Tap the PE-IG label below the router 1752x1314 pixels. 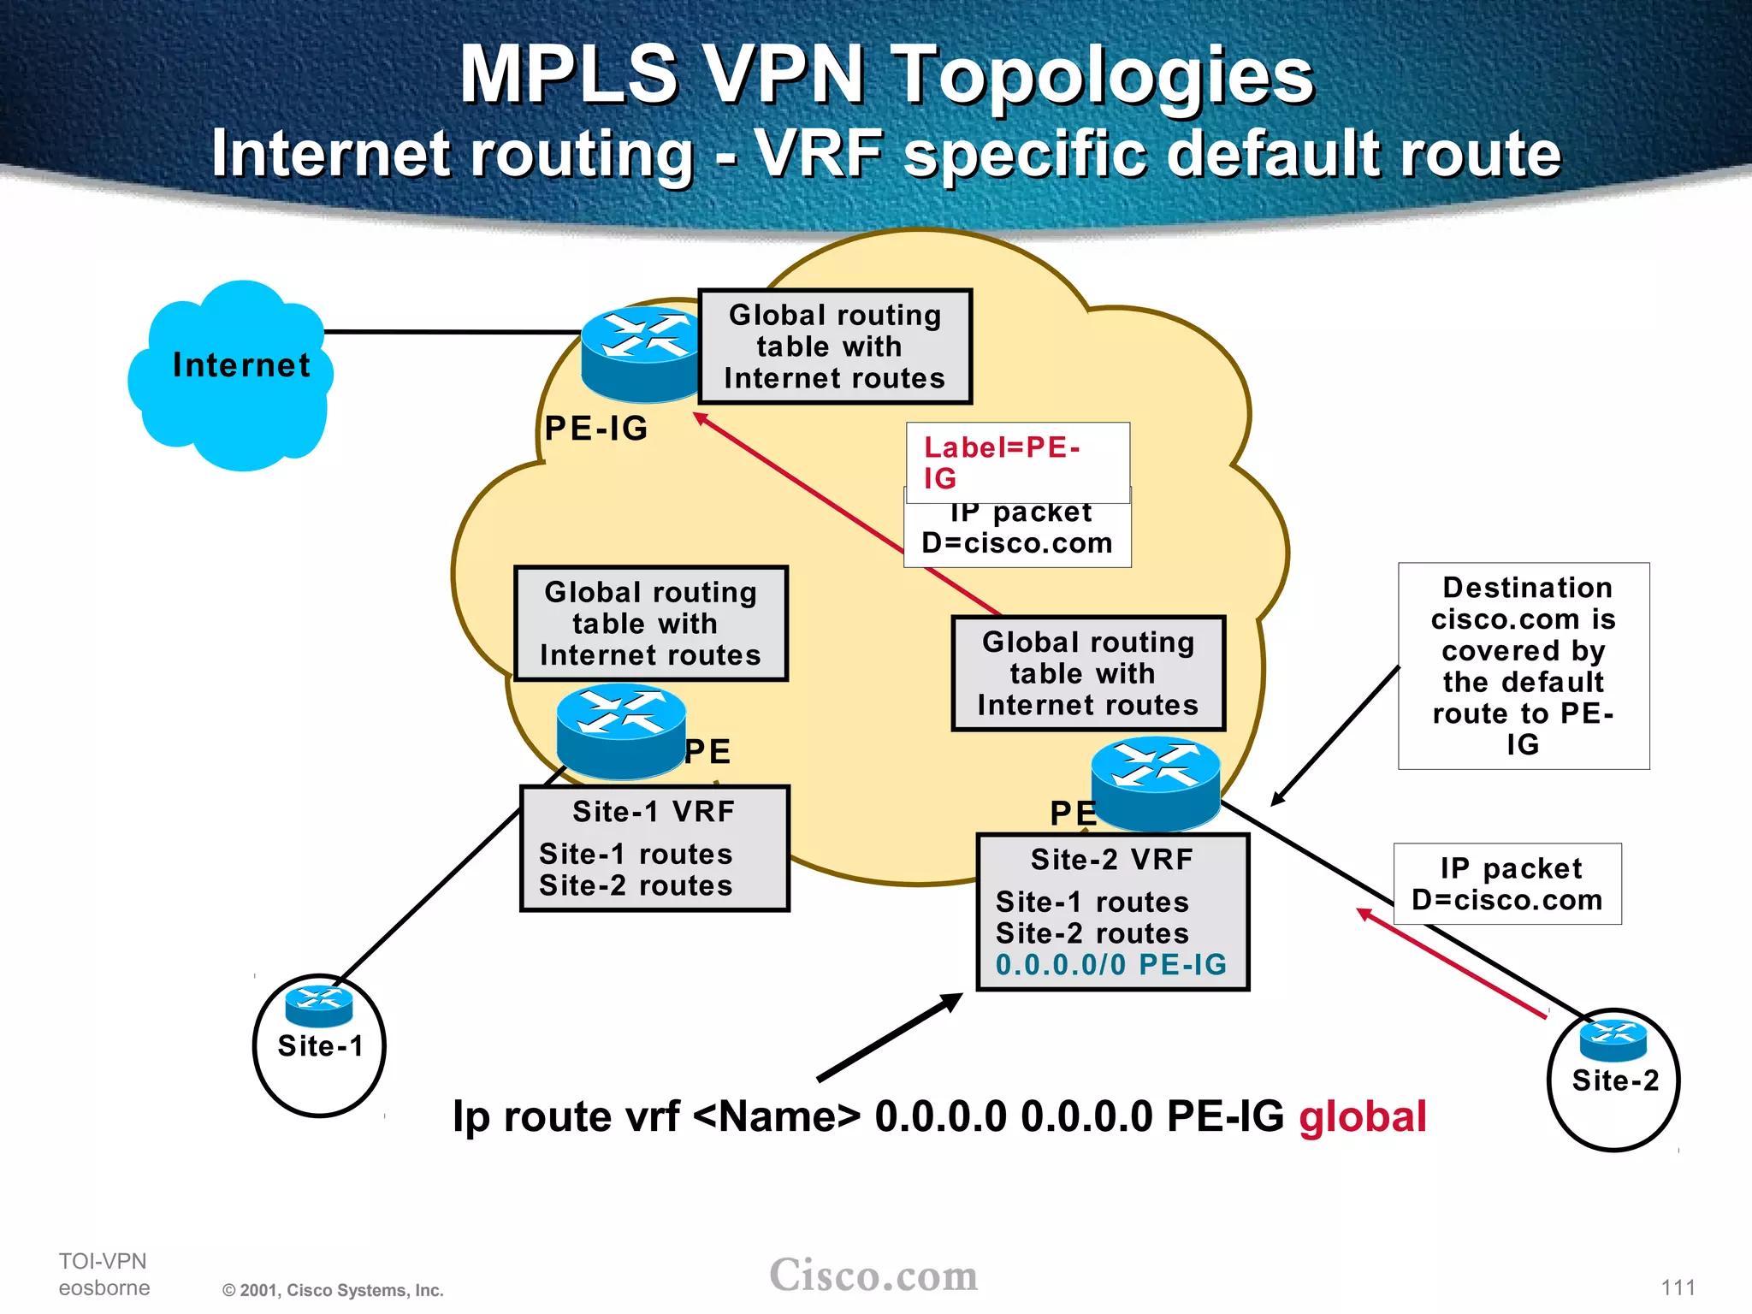click(596, 429)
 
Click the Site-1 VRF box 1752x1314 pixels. click(654, 848)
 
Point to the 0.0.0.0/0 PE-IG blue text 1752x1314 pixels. click(1110, 965)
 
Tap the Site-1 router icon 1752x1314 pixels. click(319, 1005)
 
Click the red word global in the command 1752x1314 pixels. click(1362, 1117)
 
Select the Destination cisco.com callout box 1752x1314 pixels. click(1524, 666)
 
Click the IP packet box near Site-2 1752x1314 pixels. click(1507, 884)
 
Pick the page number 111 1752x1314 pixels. click(1678, 1287)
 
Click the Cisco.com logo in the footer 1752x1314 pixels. click(873, 1276)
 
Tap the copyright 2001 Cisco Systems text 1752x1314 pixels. click(333, 1290)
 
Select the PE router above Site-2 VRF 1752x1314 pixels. click(1155, 783)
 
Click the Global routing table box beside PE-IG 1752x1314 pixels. click(835, 346)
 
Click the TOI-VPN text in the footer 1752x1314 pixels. click(103, 1261)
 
